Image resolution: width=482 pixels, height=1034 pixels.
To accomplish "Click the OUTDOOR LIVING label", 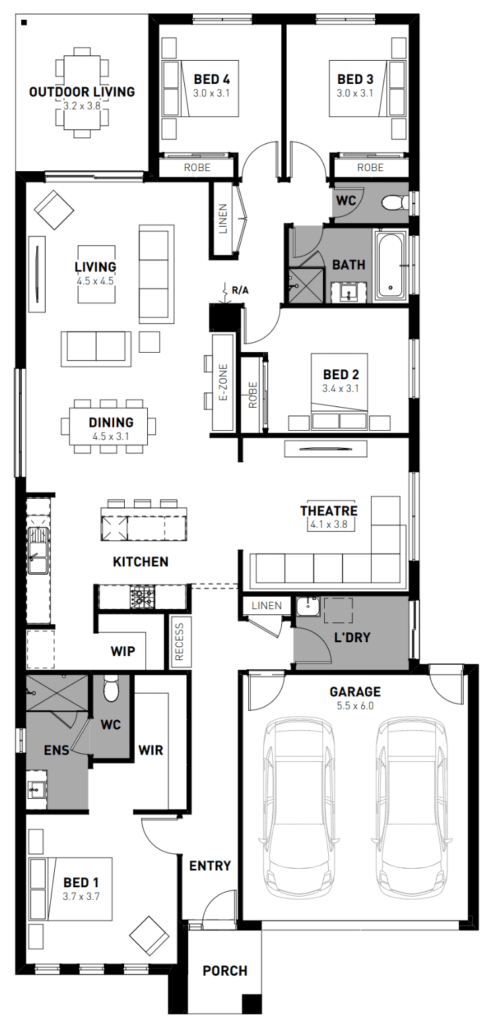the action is (x=82, y=91).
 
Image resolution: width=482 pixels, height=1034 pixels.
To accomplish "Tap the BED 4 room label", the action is (x=212, y=79).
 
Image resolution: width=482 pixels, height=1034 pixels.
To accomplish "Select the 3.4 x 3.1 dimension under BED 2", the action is (x=341, y=388).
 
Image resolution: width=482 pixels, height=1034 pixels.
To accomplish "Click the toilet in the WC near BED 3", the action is (x=396, y=202).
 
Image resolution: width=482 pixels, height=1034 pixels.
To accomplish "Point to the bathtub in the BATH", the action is (x=390, y=265).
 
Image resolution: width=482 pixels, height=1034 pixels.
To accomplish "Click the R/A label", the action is (x=240, y=290).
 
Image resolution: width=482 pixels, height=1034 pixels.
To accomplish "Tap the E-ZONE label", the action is (x=223, y=383).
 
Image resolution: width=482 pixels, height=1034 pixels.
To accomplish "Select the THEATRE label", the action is (x=329, y=511).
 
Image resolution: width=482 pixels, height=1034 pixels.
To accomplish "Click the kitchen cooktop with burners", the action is (x=143, y=597).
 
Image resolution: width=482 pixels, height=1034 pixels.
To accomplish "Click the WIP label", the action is (x=123, y=651).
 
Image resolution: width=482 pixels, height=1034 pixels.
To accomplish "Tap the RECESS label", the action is (x=180, y=641).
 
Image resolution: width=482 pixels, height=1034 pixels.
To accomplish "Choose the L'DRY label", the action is (x=353, y=638).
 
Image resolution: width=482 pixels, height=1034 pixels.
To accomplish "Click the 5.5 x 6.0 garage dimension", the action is (x=355, y=706).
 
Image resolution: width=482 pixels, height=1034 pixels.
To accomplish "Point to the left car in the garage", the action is (x=299, y=807).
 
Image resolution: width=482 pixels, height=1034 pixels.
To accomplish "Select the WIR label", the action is (x=151, y=750).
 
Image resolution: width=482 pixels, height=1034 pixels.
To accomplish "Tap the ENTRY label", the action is (x=210, y=866).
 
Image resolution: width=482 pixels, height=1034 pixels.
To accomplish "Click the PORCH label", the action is (x=225, y=971).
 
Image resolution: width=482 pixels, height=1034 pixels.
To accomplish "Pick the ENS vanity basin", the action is (x=36, y=790).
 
